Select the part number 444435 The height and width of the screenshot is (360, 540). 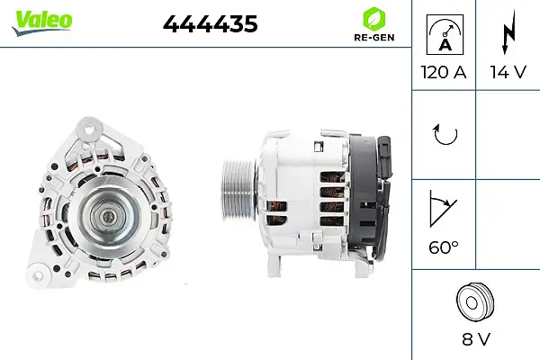210,25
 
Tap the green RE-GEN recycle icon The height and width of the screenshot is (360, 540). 372,18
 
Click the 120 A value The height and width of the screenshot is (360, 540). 444,71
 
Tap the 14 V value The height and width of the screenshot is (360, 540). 506,71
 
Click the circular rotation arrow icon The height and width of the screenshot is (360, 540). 444,135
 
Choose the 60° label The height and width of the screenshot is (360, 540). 444,245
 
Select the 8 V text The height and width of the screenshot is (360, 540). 475,339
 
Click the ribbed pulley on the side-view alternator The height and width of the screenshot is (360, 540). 238,194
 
